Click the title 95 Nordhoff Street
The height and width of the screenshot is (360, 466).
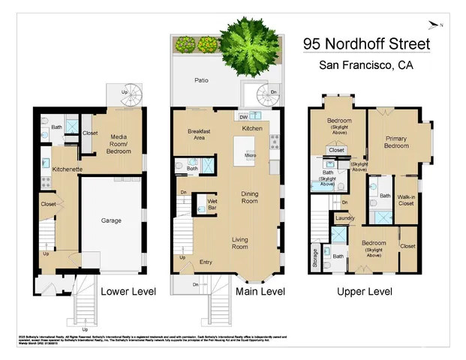[367, 43]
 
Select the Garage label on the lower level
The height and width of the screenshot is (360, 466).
[113, 220]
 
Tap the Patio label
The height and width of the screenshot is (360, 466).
[201, 81]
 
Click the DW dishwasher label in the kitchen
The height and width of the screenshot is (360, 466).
[243, 117]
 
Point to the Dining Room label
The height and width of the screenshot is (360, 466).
[249, 197]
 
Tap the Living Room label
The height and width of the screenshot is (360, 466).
[240, 242]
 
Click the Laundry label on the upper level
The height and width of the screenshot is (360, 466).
[345, 218]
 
